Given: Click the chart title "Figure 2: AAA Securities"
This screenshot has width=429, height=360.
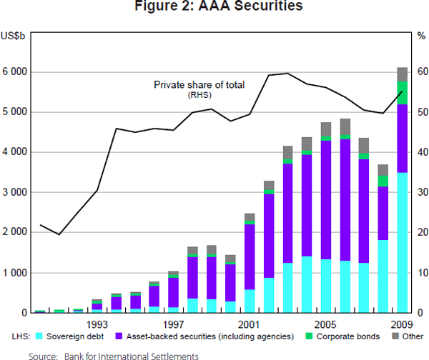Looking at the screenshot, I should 214,8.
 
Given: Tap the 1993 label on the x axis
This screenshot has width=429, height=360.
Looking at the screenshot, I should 97,324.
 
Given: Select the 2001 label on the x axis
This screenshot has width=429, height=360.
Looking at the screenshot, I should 250,324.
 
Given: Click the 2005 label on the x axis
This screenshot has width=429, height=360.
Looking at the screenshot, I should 327,324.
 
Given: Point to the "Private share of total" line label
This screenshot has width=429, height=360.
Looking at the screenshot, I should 199,85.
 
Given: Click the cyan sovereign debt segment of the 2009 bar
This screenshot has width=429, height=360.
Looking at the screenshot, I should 403,243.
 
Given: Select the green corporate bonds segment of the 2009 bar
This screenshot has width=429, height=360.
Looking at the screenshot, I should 403,92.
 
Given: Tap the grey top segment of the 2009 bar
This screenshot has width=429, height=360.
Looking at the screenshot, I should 403,74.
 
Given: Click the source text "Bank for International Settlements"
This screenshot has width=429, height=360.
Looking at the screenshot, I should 131,354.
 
